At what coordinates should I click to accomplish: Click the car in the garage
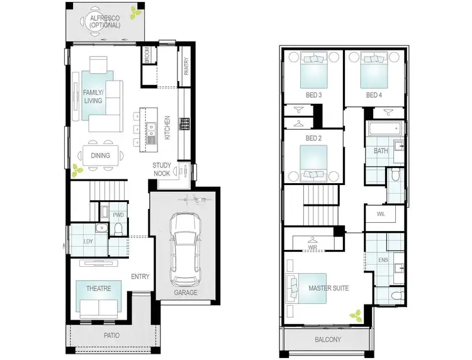click(x=186, y=249)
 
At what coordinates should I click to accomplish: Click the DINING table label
click(x=99, y=155)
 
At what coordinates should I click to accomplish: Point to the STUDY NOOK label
click(x=162, y=170)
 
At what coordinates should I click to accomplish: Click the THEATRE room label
click(x=98, y=289)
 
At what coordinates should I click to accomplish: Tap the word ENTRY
click(x=140, y=277)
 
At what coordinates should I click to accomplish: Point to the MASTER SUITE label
click(x=329, y=289)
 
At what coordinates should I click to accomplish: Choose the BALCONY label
click(x=328, y=340)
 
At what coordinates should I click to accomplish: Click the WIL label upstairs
click(x=381, y=215)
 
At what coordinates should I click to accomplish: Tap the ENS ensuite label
click(x=383, y=260)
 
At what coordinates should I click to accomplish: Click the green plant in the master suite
click(x=356, y=314)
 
